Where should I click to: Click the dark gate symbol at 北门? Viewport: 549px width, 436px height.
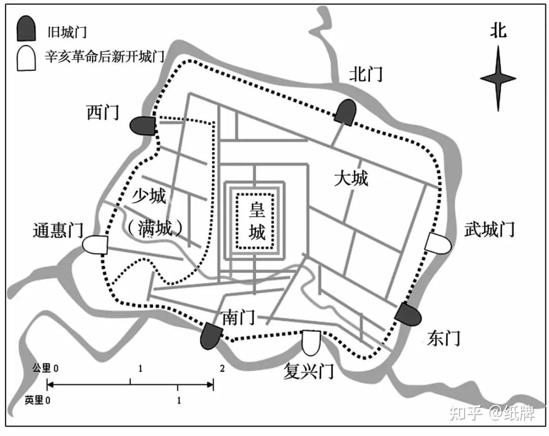[346, 112]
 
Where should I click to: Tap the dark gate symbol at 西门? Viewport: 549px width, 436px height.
[143, 126]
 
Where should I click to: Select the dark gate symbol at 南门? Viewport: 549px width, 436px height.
[212, 336]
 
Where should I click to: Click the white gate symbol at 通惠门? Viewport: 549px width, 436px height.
[96, 245]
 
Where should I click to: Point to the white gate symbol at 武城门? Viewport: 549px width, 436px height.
[438, 243]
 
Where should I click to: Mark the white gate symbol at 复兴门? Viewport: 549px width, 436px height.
[311, 343]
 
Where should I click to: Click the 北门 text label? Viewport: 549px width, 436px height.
[365, 74]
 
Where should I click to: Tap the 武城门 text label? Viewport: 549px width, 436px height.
[490, 229]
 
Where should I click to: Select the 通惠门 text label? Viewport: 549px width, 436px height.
[57, 231]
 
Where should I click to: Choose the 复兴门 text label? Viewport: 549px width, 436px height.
[309, 371]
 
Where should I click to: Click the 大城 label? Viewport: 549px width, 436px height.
[351, 178]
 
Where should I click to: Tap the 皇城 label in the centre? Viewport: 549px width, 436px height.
[257, 220]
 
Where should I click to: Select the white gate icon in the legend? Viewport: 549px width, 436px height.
[26, 59]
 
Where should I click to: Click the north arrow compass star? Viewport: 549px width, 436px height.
[498, 78]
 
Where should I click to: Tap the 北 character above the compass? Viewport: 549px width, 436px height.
[498, 31]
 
